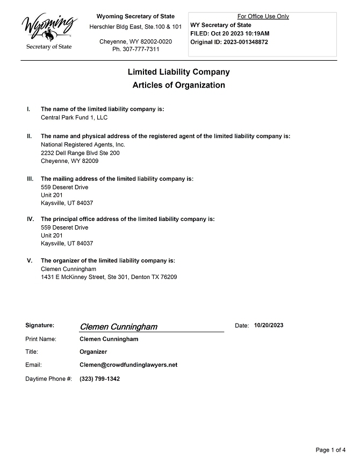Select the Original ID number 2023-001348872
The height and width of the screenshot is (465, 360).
[243, 42]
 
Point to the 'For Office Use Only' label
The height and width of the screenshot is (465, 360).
[263, 16]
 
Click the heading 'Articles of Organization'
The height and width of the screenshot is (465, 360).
[178, 85]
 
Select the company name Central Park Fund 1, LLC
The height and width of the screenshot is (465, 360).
[74, 117]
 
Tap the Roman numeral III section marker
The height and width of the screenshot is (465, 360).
[30, 178]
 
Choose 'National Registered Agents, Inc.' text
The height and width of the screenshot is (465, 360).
[83, 145]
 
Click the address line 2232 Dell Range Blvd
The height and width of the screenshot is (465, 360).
[80, 153]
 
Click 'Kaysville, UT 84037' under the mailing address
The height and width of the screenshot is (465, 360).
[67, 203]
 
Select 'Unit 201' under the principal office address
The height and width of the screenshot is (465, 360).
[52, 235]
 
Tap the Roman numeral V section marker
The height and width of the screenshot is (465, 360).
[30, 261]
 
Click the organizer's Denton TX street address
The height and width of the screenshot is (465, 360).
[109, 277]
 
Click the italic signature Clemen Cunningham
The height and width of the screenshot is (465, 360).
[118, 327]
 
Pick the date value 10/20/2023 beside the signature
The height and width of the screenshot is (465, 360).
[269, 325]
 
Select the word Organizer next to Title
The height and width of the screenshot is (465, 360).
[93, 352]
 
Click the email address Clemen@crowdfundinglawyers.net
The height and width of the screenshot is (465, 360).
[128, 364]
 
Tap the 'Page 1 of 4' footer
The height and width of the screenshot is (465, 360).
[331, 449]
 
